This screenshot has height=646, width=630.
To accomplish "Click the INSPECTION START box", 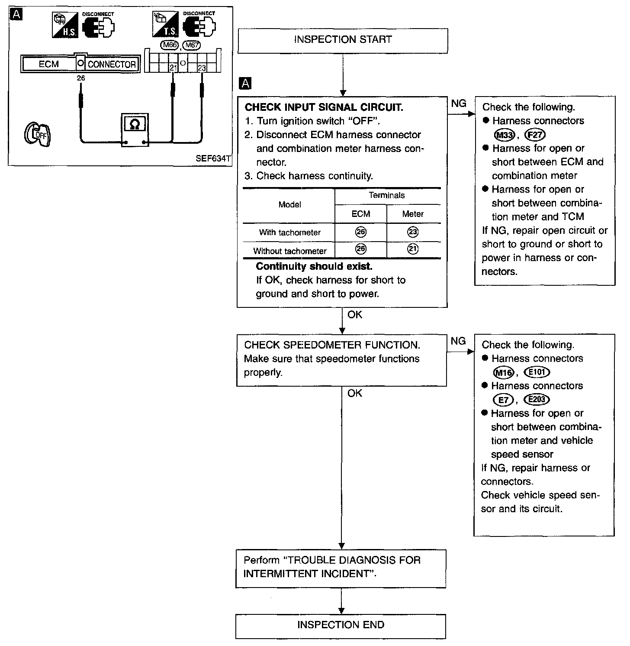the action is tap(343, 41).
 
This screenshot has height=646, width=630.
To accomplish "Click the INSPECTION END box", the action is tap(341, 626).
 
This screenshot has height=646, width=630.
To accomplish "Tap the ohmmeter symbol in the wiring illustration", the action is tap(135, 131).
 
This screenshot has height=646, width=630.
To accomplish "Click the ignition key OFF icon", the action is tap(37, 134).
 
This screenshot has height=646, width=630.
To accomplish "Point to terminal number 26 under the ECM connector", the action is tap(80, 78).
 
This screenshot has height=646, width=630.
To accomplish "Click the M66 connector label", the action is tap(169, 45).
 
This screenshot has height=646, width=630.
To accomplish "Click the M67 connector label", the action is tap(192, 45).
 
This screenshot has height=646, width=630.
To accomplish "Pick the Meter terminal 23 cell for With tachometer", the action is tap(413, 232).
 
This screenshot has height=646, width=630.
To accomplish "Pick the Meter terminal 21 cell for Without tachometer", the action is tap(413, 250).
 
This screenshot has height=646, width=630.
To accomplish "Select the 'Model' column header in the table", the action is tap(289, 204).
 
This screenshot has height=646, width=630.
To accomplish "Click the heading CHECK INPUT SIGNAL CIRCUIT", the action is tap(324, 107).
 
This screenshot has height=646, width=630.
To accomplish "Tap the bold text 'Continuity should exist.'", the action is tap(314, 266).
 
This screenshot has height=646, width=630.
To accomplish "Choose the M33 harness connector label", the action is tap(504, 135).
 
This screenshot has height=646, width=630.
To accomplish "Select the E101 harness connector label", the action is tap(537, 372).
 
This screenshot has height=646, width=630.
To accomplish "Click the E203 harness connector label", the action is tap(537, 400).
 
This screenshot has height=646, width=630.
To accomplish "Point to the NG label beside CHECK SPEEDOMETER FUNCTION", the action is tap(458, 341).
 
